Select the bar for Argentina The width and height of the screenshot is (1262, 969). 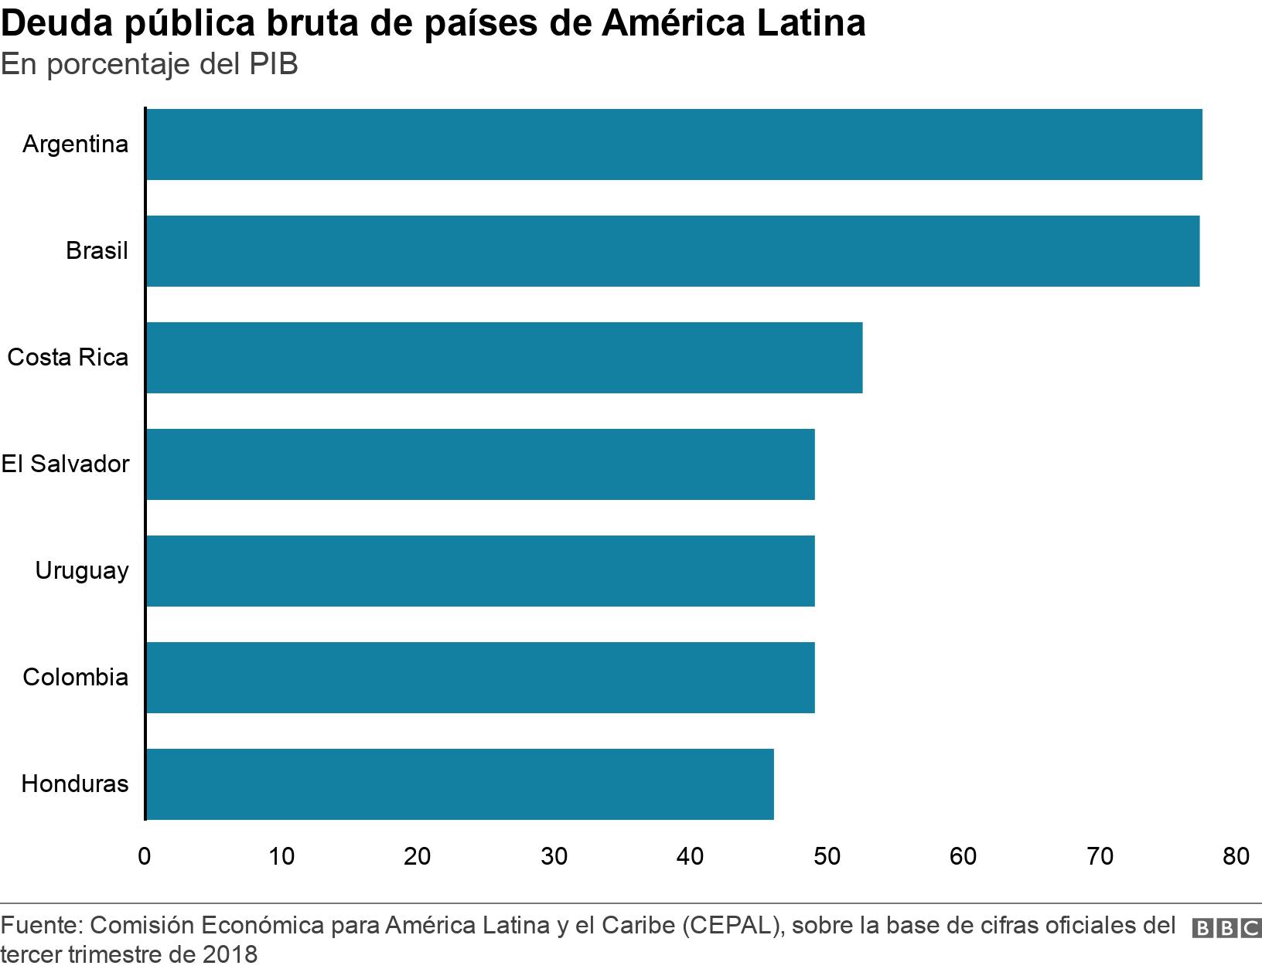[x=674, y=144]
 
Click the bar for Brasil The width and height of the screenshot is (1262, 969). [x=672, y=251]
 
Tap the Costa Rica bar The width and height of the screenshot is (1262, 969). [x=503, y=358]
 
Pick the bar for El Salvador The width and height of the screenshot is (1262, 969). [x=479, y=464]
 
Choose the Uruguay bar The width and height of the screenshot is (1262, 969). [x=479, y=571]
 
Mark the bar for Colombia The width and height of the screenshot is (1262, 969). [x=479, y=678]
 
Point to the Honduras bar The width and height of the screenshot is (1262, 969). [x=459, y=784]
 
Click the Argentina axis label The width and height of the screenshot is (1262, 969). [x=75, y=144]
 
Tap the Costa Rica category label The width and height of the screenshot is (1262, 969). [x=68, y=358]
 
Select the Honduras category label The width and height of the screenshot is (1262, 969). [x=75, y=784]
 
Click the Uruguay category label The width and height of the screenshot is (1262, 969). [x=82, y=571]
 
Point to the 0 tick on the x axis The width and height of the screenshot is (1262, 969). [x=145, y=856]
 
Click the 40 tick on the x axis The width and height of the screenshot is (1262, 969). [x=691, y=856]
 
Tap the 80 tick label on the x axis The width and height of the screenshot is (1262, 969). [x=1236, y=856]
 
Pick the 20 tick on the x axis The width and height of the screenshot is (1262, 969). [x=418, y=856]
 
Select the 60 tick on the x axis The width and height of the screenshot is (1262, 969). [x=964, y=856]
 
